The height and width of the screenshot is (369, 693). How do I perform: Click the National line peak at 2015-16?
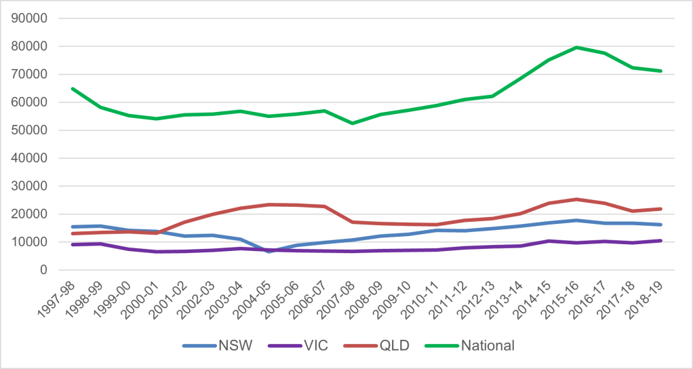576,47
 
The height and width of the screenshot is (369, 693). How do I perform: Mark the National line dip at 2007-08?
352,123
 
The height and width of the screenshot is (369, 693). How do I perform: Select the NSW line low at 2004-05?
269,251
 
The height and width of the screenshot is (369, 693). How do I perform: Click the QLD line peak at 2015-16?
576,199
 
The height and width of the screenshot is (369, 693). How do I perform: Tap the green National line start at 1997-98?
73,89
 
